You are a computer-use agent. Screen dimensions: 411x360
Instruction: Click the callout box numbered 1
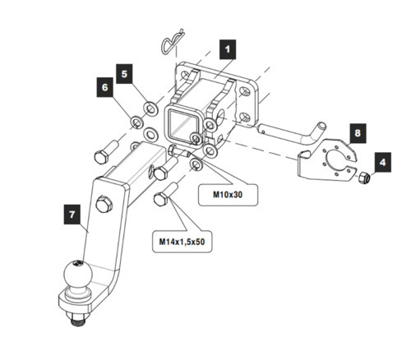(x=228, y=49)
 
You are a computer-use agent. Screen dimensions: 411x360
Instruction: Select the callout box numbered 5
(x=124, y=74)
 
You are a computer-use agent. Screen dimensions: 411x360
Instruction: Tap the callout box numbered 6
(x=105, y=87)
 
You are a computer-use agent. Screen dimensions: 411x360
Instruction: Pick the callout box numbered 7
(x=72, y=215)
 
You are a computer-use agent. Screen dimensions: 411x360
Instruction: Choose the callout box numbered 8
(x=358, y=133)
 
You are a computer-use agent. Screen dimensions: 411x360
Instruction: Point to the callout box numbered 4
(x=383, y=162)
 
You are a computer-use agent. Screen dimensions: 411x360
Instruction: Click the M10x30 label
(x=228, y=195)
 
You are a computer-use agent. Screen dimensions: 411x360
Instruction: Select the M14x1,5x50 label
(x=182, y=242)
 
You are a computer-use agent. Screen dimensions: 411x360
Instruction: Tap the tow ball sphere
(x=78, y=275)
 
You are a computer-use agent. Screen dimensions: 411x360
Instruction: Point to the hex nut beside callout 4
(x=364, y=178)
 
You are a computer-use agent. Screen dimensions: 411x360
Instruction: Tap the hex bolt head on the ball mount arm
(x=104, y=204)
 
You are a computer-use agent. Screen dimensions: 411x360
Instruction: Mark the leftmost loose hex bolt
(x=105, y=152)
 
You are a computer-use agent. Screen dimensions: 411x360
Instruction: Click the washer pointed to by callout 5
(x=150, y=108)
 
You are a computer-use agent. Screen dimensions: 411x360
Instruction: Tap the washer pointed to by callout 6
(x=136, y=122)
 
